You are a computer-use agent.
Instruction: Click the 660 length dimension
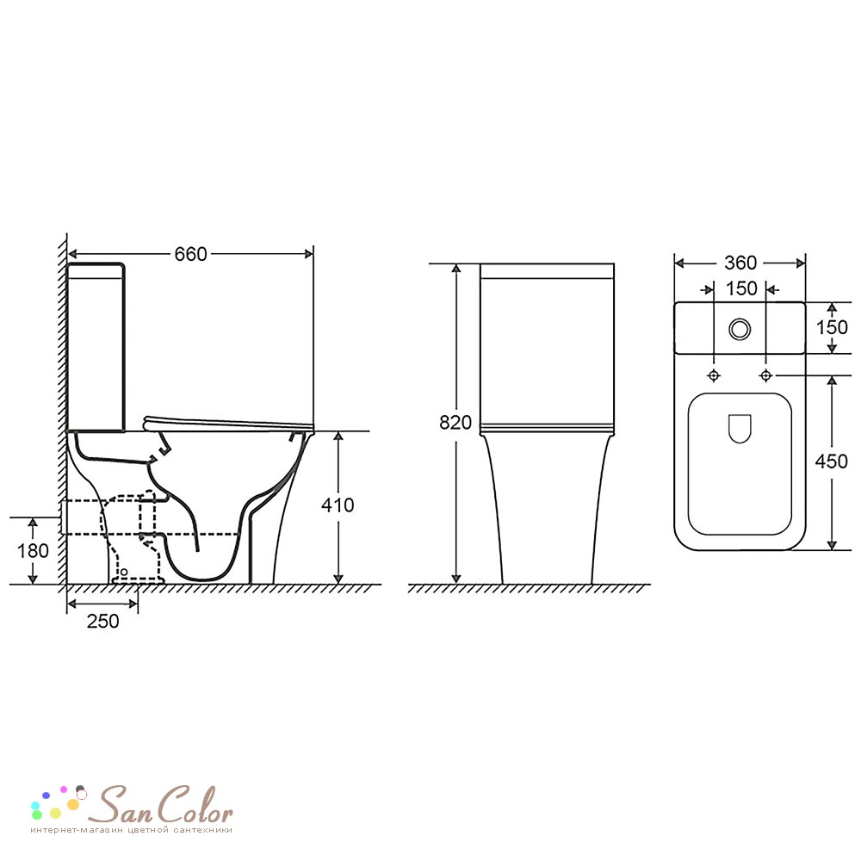190,254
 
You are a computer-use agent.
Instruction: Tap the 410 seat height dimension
338,505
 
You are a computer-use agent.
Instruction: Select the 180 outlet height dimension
33,551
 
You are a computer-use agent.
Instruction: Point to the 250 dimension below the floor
102,621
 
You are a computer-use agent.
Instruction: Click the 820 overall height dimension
455,422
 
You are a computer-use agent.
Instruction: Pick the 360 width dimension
740,263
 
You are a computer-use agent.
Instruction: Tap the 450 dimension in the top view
832,461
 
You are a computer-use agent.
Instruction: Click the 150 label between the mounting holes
741,288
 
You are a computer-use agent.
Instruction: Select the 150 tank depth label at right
832,328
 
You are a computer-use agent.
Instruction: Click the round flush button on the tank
740,329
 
